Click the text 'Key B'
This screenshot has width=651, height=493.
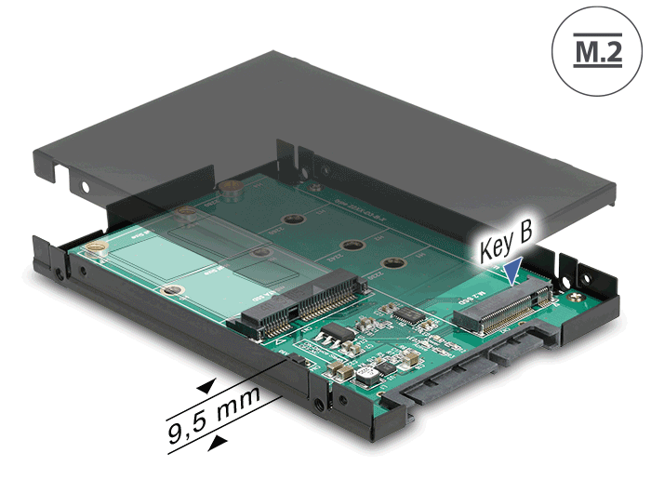tap(506, 247)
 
